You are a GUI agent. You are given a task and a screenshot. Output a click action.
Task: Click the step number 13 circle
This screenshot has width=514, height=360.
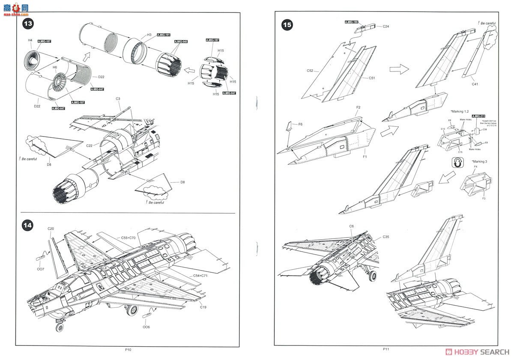(x=28, y=24)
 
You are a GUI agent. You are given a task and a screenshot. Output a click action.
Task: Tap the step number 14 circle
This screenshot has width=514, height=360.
(x=28, y=225)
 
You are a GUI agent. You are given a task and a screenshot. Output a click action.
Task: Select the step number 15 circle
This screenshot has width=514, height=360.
(x=287, y=25)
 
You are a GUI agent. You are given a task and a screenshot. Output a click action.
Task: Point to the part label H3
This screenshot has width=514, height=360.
(x=149, y=35)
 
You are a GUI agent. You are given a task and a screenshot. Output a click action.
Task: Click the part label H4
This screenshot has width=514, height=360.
(x=30, y=40)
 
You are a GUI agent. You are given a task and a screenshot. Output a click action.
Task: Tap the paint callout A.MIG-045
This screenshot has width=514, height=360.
(x=181, y=42)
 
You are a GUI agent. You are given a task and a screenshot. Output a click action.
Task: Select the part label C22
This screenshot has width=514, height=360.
(x=89, y=146)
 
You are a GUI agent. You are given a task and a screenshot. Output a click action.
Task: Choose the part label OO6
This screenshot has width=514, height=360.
(x=146, y=327)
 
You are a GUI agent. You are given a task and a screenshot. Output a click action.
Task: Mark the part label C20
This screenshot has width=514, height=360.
(x=51, y=229)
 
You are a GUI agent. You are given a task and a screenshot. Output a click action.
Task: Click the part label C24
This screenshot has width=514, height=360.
(x=385, y=27)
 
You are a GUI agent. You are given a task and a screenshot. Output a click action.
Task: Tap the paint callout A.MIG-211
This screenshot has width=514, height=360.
(x=478, y=116)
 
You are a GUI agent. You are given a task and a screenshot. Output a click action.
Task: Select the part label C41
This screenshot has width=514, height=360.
(x=475, y=84)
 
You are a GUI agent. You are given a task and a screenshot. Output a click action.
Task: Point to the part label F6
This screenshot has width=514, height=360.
(x=300, y=124)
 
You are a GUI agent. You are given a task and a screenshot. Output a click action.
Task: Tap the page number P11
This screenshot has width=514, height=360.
(x=385, y=349)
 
